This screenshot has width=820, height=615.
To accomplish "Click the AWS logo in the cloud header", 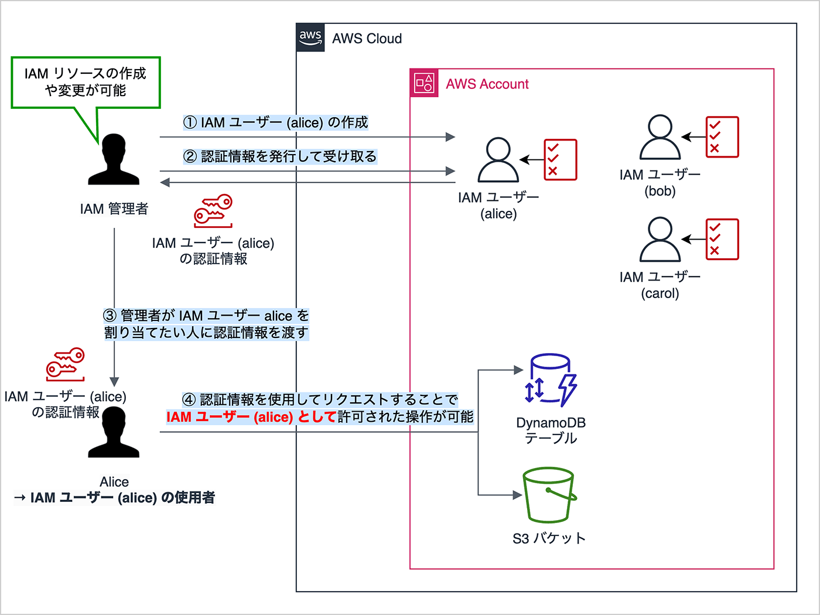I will coord(310,37).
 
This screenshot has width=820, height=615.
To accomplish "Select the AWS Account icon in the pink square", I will coord(424,83).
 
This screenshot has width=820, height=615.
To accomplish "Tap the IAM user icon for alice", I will coord(498,160).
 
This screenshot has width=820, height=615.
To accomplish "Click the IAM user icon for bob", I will coord(660,137).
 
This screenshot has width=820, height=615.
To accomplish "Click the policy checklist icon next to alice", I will coord(560,159).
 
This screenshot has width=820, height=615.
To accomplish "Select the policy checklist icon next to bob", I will coord(722,137).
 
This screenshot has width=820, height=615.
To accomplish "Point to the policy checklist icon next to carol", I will coord(722,239).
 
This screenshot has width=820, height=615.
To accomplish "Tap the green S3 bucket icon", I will coord(549,494).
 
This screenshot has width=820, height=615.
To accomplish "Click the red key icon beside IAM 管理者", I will coord(213,211).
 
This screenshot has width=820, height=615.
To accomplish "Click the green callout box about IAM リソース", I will coord(86,82).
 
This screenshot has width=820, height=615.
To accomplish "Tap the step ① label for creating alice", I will coord(275,122).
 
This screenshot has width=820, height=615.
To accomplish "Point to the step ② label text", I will coord(280,156).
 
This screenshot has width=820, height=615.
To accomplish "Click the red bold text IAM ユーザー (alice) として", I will coord(251,417).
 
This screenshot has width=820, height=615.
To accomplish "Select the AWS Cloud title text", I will coord(367,39).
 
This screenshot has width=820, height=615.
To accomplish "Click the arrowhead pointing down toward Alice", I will coord(114,382).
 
